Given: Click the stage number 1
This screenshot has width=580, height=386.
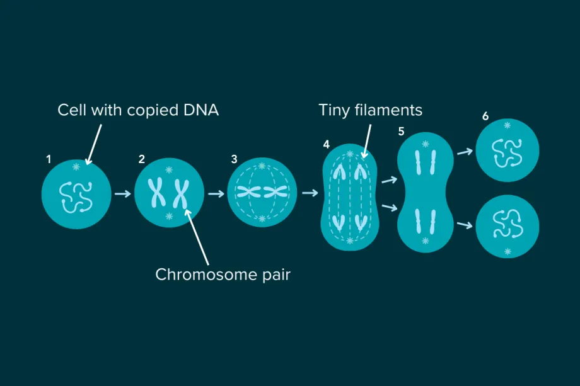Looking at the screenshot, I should (49, 160).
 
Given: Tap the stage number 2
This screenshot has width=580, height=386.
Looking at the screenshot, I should (142, 160).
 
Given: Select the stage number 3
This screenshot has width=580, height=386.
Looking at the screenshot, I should (235, 160).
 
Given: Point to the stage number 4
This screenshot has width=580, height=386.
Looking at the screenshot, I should (326, 145).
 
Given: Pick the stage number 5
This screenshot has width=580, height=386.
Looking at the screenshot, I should (401, 132).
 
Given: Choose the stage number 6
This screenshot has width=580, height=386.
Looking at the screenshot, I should (485, 116).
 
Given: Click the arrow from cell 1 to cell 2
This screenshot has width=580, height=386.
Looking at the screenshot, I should (122, 194).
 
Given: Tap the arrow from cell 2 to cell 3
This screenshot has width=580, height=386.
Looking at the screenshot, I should (216, 194).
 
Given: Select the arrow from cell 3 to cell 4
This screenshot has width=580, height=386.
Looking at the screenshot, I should (310, 193).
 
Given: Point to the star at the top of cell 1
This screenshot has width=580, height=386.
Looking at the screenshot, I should (77, 167).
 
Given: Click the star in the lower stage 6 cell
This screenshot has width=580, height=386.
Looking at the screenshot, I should (508, 252).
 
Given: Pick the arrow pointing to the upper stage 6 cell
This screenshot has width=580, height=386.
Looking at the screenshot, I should (465, 152).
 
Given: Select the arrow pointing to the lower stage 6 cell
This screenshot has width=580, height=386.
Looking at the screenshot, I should (465, 224).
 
